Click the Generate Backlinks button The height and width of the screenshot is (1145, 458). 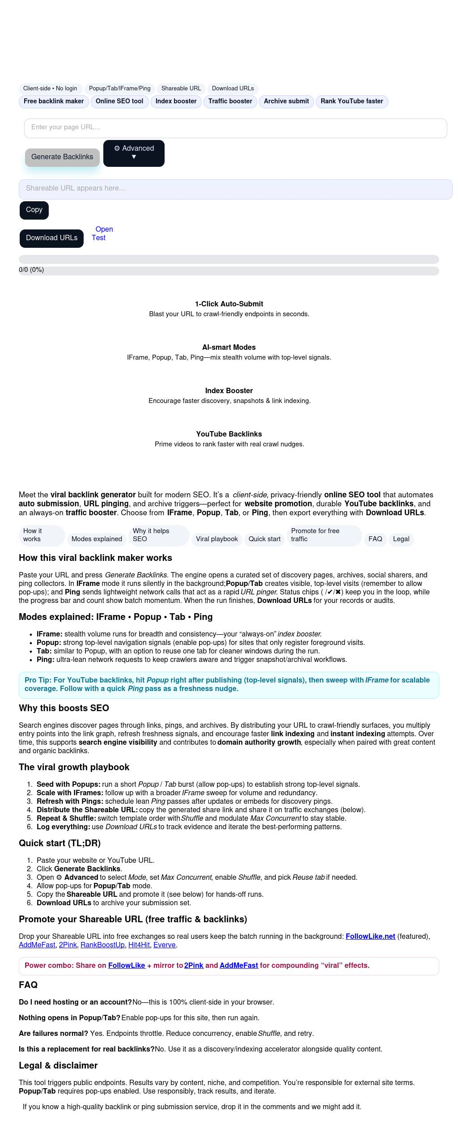tap(62, 157)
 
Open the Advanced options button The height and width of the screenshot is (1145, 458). tap(134, 153)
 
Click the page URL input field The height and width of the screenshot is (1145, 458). tap(235, 128)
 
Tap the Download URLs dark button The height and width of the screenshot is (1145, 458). tap(51, 238)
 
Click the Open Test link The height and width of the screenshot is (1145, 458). tap(102, 233)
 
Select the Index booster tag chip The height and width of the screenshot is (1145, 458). tap(176, 102)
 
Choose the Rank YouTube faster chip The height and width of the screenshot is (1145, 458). tap(352, 102)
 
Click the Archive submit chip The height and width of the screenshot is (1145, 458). tap(286, 102)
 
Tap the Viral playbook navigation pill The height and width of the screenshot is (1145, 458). tap(216, 539)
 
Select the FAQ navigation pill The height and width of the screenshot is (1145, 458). tap(375, 539)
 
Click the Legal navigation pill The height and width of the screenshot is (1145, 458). tap(401, 539)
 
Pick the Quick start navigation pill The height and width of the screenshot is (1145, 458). tap(264, 539)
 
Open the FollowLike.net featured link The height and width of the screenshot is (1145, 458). tap(370, 936)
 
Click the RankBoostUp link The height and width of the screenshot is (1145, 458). tap(102, 945)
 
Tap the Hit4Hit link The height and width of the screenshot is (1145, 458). tap(139, 945)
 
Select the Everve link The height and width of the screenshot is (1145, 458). tap(165, 945)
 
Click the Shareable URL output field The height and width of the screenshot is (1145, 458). tap(235, 189)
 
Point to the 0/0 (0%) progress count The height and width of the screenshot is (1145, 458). tap(31, 270)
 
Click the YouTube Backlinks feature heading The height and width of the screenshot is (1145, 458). tap(229, 434)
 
